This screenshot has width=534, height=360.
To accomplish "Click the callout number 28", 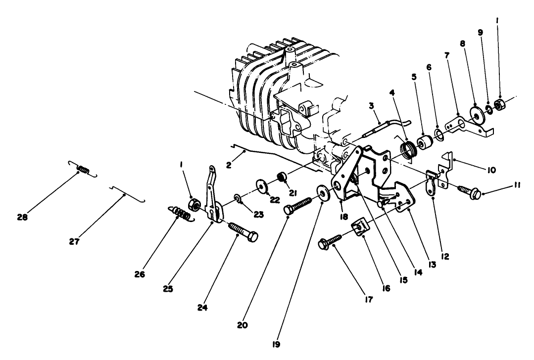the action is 22,217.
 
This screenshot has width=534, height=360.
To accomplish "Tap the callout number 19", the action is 276,344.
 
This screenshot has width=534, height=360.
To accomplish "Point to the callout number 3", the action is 371,106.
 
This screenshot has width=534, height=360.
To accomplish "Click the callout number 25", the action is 168,289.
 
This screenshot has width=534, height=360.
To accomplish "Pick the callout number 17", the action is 369,300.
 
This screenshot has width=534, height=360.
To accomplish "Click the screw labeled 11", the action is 469,191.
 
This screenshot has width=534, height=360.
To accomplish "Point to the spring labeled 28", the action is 83,169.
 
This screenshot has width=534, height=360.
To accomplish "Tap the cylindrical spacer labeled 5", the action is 424,143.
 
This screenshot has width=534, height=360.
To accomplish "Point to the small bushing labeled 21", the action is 282,177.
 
